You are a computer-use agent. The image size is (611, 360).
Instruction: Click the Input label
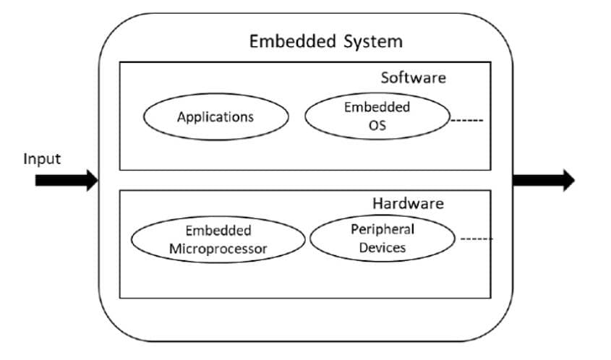click(42, 158)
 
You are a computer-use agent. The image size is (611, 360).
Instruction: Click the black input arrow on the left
click(66, 179)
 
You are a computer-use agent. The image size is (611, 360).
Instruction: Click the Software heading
click(413, 77)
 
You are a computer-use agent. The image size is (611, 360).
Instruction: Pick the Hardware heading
click(408, 203)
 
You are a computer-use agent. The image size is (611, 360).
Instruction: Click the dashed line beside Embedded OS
click(466, 120)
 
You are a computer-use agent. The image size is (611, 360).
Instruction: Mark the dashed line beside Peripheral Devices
click(477, 239)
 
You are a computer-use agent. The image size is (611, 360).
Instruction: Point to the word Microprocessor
click(218, 249)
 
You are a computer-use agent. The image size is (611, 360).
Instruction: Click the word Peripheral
click(383, 229)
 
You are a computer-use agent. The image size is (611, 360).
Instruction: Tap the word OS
click(377, 125)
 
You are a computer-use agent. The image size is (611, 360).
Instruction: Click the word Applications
click(215, 116)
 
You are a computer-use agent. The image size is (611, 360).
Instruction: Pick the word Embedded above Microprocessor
click(218, 231)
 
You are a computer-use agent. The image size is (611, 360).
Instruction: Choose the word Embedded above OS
click(377, 107)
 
